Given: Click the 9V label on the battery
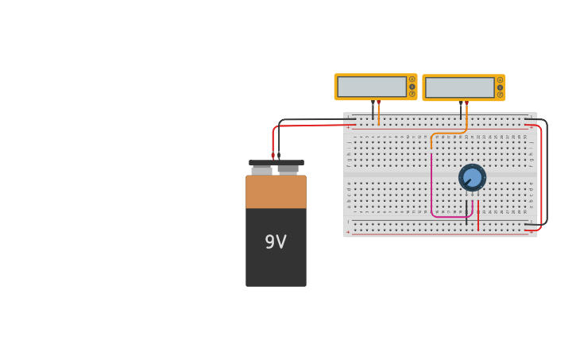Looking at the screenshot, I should coord(276,242).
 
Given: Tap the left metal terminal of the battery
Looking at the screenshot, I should coord(261,169).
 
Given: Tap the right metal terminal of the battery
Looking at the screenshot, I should coord(288,169).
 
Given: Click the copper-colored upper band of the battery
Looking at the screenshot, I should coord(276,192).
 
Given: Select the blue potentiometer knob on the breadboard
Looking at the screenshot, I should coord(472,177).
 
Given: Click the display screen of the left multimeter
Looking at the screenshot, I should coord(371,87).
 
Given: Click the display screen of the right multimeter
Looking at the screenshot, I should coord(459,87).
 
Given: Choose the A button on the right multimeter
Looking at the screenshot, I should coord(500,79).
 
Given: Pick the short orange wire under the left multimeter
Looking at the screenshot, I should coord(378,116).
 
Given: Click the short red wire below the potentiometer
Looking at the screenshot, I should coord(478,215).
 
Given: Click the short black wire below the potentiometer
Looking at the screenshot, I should coord(466,212).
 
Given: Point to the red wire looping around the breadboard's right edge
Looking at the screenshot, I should coord(541,175).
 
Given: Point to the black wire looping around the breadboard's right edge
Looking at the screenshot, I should coord(547,175).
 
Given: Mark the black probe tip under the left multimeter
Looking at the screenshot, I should coord(373,103).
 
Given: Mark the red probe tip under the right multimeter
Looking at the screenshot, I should coord(466,103).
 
